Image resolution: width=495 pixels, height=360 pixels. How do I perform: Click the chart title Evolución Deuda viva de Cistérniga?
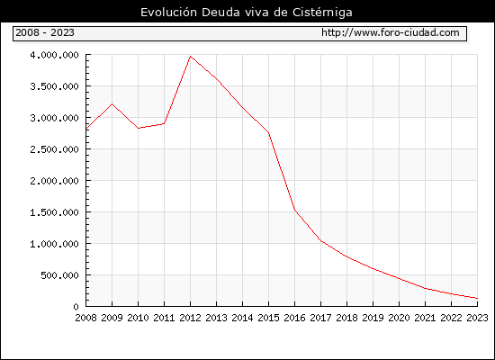pos(247,13)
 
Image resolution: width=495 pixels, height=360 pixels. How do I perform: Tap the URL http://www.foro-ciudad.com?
pos(391,32)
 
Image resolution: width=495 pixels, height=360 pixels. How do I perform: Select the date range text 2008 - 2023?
pos(45,32)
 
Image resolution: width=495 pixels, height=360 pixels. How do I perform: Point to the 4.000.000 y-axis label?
pos(54,55)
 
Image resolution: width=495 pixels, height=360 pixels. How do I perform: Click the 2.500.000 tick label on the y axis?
pos(54,149)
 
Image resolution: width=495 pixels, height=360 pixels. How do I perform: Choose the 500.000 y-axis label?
pos(59,275)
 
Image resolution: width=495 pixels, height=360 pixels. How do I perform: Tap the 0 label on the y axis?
pos(76,307)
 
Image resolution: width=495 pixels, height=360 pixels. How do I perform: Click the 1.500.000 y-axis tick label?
pos(54,212)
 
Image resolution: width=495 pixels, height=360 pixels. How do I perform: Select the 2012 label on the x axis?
pos(190,318)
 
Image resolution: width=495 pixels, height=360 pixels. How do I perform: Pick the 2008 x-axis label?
pos(85,318)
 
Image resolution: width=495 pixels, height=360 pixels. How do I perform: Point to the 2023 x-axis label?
pos(477,318)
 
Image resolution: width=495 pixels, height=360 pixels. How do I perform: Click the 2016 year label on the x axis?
pos(294,318)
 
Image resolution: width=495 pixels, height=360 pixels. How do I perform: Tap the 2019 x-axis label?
pos(373,318)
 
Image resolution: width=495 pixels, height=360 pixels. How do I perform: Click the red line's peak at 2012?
pos(190,57)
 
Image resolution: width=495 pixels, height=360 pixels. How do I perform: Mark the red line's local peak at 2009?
pos(112,103)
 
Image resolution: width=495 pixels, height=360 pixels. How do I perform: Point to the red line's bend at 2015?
pos(269,133)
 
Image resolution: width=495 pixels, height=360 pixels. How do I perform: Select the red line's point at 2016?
pos(294,210)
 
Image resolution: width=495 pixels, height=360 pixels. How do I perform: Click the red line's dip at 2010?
pos(139,128)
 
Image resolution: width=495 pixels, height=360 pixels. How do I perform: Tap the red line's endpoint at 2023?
pos(477,298)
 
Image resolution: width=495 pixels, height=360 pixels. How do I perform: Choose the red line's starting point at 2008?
pos(86,129)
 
